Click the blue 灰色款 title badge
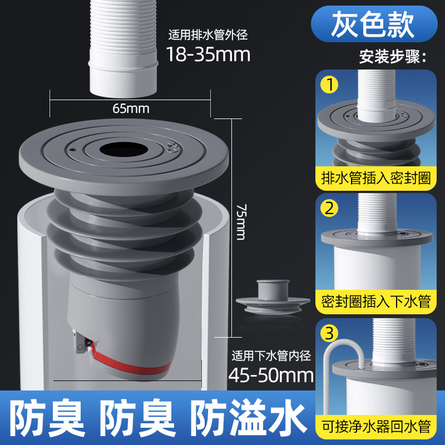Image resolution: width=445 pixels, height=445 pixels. pos(374,24)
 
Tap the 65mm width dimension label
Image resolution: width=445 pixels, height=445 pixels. pos(131,108)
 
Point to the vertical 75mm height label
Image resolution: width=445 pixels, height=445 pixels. pos(241,222)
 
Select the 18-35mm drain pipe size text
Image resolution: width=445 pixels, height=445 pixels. pos(208,54)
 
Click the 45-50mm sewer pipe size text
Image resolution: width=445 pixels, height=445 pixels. pos(271,375)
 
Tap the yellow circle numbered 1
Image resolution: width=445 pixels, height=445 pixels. pos(329,85)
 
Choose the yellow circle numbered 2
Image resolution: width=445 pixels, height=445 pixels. pos(329,208)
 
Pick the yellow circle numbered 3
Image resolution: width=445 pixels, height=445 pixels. pos(329,333)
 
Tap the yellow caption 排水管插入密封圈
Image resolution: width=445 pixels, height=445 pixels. pos(376,178)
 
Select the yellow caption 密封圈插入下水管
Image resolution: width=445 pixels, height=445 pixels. pos(376,301)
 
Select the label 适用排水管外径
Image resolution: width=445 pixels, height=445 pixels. pos(208,35)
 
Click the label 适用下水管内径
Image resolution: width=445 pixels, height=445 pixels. pos(271,356)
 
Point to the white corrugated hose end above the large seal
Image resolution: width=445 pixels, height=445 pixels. pos(123,48)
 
